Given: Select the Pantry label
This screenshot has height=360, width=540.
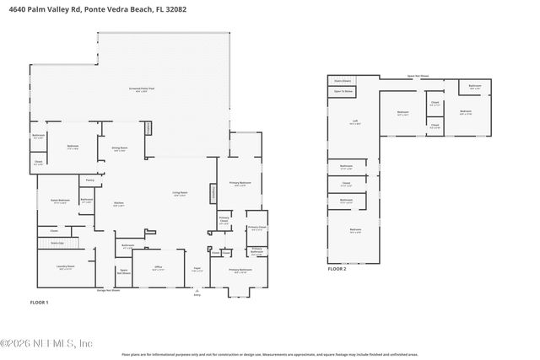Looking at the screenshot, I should (x=89, y=179).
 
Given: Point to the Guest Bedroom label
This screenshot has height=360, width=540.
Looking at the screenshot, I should (x=60, y=201).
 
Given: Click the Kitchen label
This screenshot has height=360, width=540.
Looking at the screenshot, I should (x=119, y=204).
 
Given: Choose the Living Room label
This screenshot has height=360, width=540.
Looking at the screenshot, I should (x=180, y=193).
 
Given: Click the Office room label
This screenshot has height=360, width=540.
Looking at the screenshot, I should (x=157, y=268).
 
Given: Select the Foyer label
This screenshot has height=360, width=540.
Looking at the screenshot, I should (x=196, y=269).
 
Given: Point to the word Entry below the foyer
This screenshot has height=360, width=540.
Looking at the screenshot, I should (x=197, y=295).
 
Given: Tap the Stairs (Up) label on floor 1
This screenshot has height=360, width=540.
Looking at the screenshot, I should (x=57, y=242).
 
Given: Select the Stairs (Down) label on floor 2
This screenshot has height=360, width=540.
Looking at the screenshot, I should (x=343, y=81).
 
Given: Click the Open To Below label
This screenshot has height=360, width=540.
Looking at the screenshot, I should (x=343, y=90).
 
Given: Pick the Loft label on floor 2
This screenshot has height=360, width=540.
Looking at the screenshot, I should (x=354, y=122).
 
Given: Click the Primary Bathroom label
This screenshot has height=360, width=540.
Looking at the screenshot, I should (x=240, y=183).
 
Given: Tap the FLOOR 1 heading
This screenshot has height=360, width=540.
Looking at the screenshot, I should (x=39, y=302).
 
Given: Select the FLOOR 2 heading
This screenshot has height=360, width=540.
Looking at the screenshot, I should (x=337, y=268).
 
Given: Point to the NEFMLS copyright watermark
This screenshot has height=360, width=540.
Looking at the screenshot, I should (x=46, y=343).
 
